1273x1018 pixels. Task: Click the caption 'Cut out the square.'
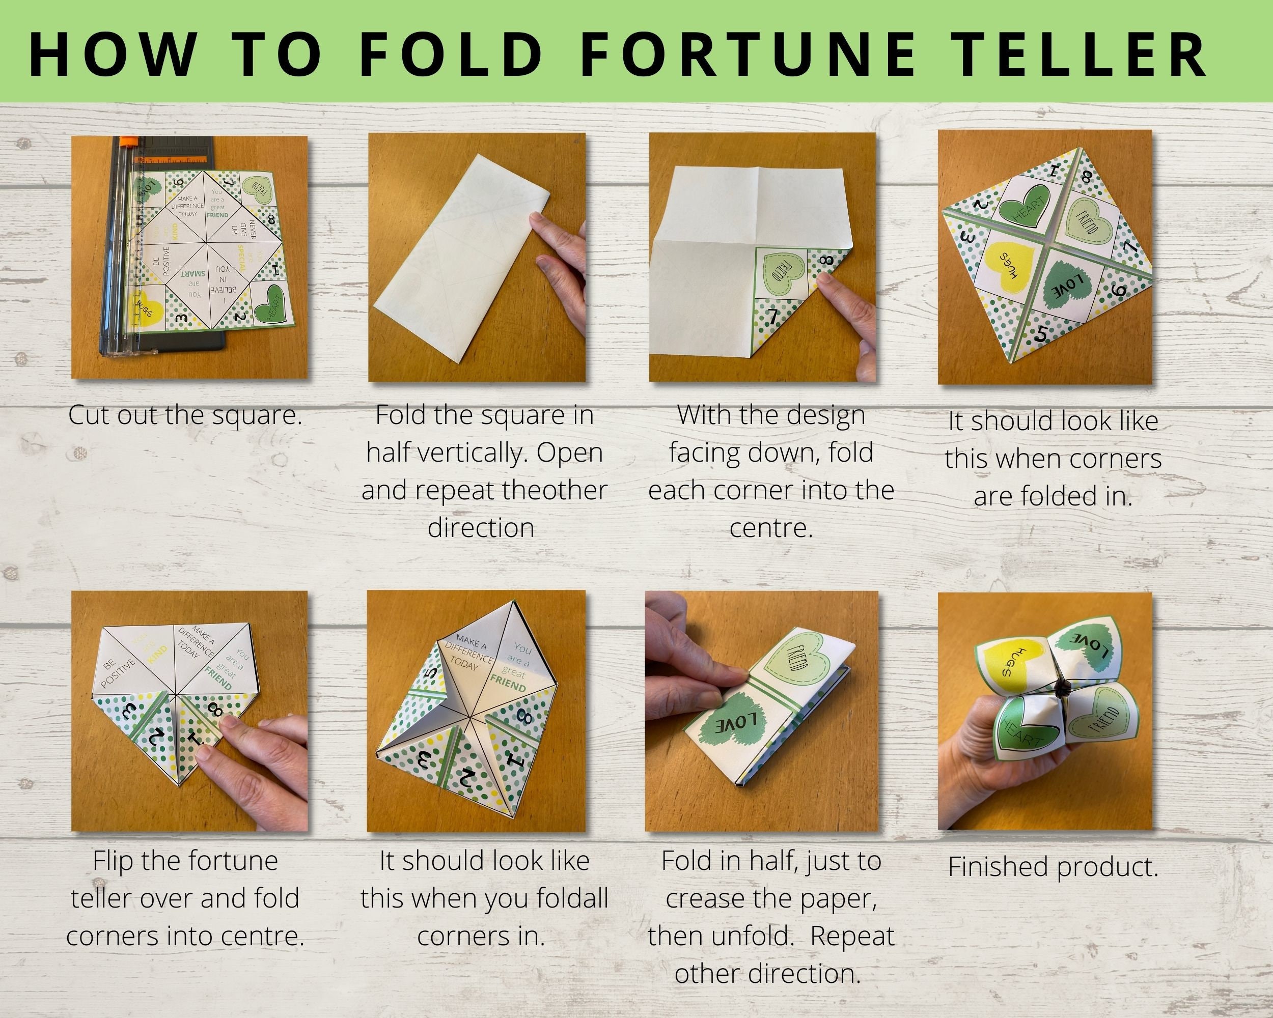(185, 415)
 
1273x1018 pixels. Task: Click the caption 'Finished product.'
(1053, 867)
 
